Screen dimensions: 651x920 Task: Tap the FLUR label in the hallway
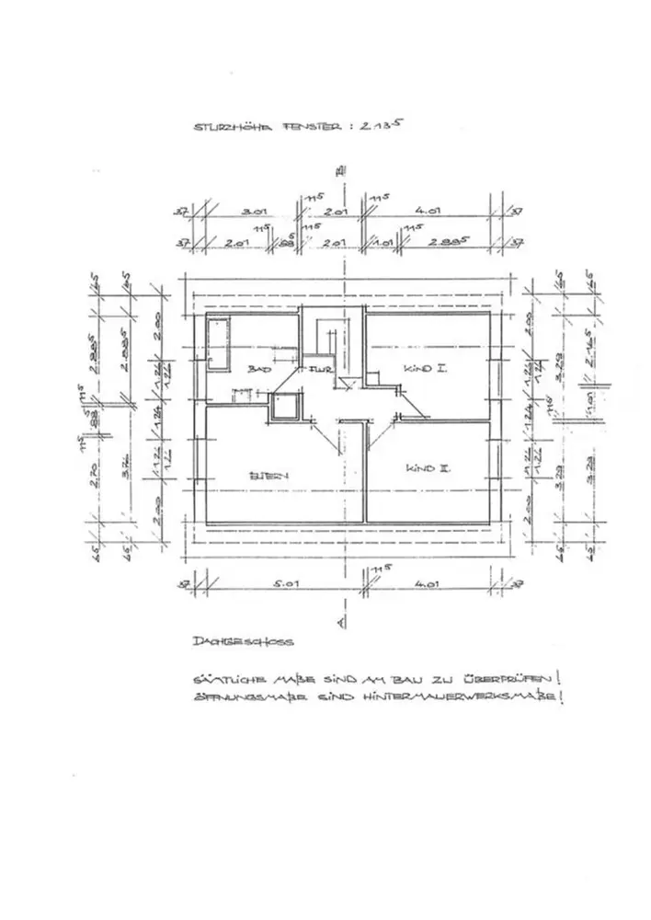tap(320, 370)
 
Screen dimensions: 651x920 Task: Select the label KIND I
tap(425, 369)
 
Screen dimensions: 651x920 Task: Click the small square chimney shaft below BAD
tap(287, 407)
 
